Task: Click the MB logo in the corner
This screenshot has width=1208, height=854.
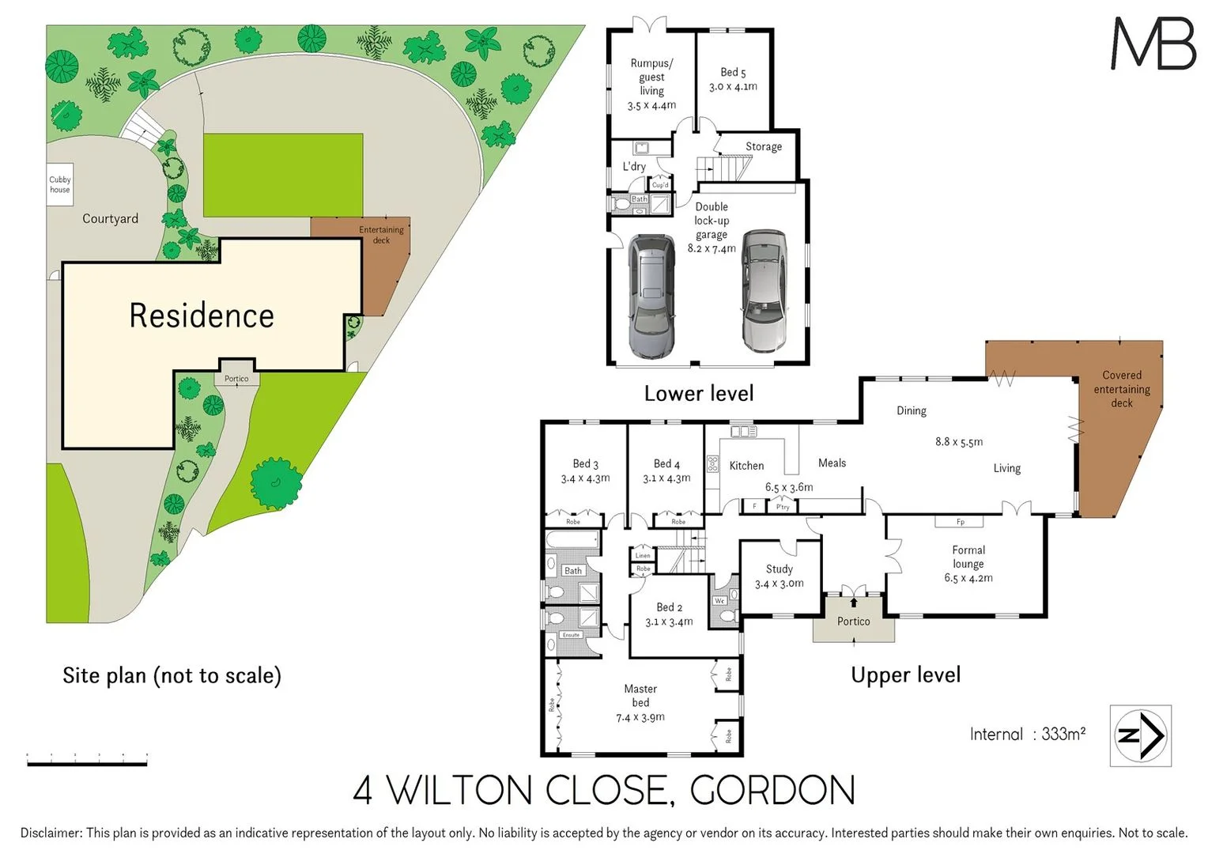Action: coord(1153,43)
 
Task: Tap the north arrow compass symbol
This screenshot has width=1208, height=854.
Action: coord(1140,735)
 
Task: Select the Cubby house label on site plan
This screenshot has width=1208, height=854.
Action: coord(60,184)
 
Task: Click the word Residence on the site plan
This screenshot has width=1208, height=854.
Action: coord(202,316)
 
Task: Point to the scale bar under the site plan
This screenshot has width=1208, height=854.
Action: coord(87,761)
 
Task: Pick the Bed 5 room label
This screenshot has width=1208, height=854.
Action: coord(733,72)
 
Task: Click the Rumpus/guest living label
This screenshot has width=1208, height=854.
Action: coord(651,77)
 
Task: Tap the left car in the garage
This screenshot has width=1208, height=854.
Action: coord(651,297)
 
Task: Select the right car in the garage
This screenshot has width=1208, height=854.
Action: coord(764,290)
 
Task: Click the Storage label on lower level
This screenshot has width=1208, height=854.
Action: coord(763,146)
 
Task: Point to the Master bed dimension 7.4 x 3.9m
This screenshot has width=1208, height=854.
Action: coord(640,717)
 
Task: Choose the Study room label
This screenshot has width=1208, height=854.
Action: coord(779,569)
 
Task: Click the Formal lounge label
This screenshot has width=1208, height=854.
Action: coord(968,557)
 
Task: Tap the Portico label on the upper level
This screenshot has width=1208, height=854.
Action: coord(853,622)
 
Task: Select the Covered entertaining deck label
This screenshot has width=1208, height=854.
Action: coord(1121,389)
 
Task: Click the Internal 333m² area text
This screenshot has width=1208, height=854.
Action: coord(1027,734)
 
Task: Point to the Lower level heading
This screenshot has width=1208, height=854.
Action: coord(698,393)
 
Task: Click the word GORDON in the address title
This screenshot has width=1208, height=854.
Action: coord(772,790)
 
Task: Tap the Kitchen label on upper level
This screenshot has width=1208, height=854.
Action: coord(746,466)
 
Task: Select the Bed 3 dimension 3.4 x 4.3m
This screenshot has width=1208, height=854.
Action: coord(585,478)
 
